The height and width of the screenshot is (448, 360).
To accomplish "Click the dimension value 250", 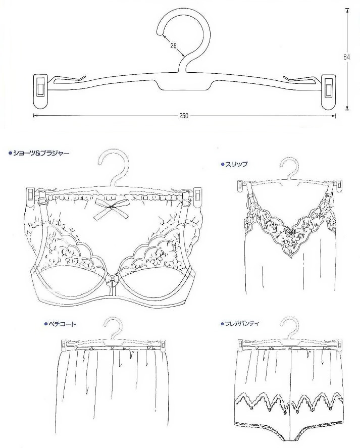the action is (184, 116).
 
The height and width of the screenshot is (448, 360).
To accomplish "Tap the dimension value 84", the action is (346, 57).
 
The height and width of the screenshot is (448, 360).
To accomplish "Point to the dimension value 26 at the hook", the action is (173, 45).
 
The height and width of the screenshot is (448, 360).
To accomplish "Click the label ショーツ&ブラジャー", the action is (41, 153).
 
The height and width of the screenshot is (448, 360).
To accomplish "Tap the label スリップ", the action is (236, 164).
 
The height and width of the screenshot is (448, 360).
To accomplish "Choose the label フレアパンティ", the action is (241, 324).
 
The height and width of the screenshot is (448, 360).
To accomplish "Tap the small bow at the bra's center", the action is (111, 280).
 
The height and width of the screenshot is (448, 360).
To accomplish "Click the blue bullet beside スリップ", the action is (223, 164).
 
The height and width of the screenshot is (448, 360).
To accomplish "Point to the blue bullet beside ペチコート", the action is (45, 324).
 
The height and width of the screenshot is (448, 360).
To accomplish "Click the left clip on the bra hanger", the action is (30, 196).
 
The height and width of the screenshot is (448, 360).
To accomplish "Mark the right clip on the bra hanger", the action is (197, 196).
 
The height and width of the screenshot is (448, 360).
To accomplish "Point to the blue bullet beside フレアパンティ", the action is (222, 324).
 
